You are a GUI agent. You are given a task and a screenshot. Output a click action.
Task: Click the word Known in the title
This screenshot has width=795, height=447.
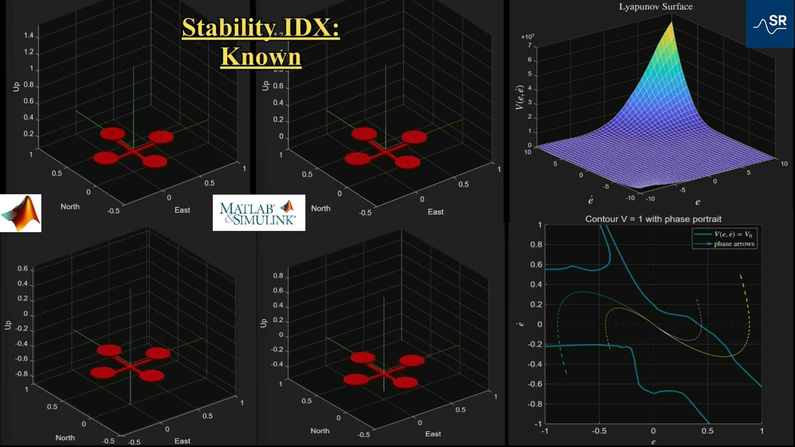[x=261, y=56]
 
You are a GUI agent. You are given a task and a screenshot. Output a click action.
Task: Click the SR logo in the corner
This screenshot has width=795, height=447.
[x=770, y=24]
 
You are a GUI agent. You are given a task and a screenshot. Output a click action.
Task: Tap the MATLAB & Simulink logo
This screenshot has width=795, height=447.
[x=258, y=213]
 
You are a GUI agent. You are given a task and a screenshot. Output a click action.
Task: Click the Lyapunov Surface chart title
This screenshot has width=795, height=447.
[x=655, y=7]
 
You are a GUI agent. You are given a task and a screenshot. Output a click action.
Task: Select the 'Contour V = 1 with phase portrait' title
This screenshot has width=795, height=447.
[x=653, y=219]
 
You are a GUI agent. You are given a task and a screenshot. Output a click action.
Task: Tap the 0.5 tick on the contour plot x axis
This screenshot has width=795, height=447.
[x=707, y=431]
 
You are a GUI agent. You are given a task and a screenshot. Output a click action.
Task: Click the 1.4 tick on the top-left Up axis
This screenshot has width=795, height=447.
[x=28, y=37]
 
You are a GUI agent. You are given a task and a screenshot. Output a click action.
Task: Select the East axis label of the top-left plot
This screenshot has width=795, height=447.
[x=182, y=210]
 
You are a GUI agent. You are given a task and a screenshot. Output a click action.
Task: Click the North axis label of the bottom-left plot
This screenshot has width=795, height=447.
[x=65, y=438]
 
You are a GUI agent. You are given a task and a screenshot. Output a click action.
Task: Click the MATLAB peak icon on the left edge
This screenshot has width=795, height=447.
[x=20, y=213]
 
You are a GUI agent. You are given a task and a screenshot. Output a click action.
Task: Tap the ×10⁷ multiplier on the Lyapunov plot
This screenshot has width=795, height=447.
[x=528, y=37]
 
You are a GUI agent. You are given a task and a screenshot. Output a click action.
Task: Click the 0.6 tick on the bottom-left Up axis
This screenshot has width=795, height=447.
[x=22, y=269]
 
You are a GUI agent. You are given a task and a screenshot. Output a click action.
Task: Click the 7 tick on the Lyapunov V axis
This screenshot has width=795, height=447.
[x=530, y=46]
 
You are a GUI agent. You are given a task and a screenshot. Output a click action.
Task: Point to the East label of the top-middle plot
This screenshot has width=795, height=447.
[x=435, y=212]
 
